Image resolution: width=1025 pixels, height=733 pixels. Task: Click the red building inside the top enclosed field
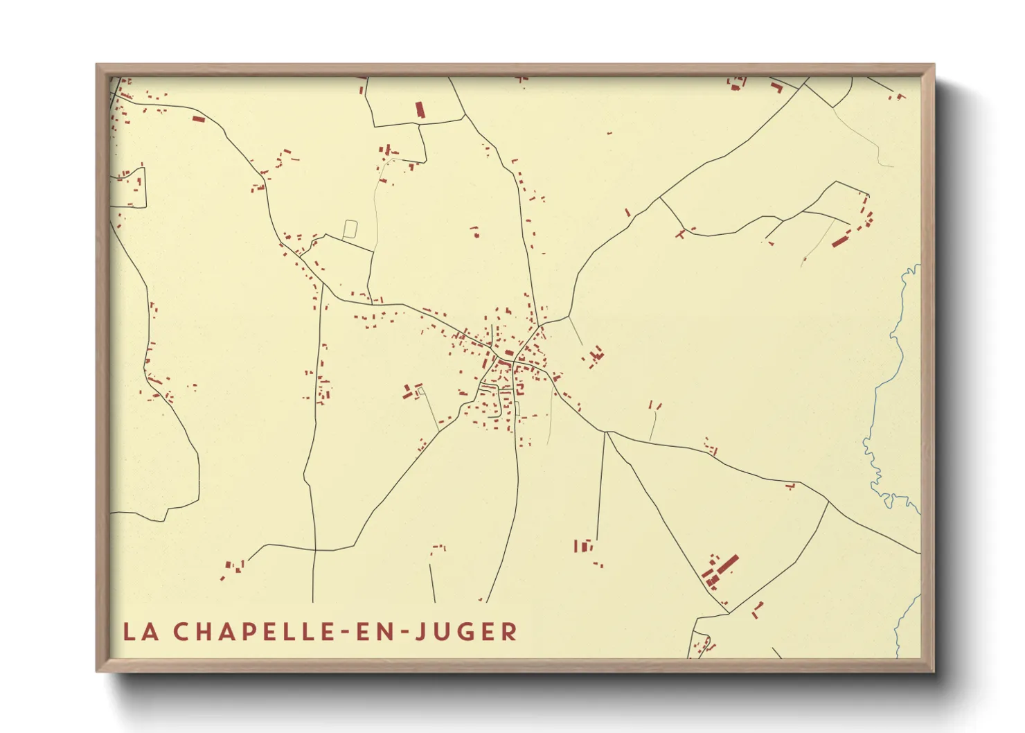(419, 109)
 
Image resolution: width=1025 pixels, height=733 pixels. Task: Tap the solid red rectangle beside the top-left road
(199, 119)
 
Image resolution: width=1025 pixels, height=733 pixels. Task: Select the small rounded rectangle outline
(350, 229)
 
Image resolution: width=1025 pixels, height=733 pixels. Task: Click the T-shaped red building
(682, 233)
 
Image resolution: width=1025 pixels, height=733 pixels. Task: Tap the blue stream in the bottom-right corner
(904, 624)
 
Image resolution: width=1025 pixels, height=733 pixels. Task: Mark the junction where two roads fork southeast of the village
(606, 432)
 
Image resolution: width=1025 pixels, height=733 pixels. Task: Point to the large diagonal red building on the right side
(840, 241)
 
